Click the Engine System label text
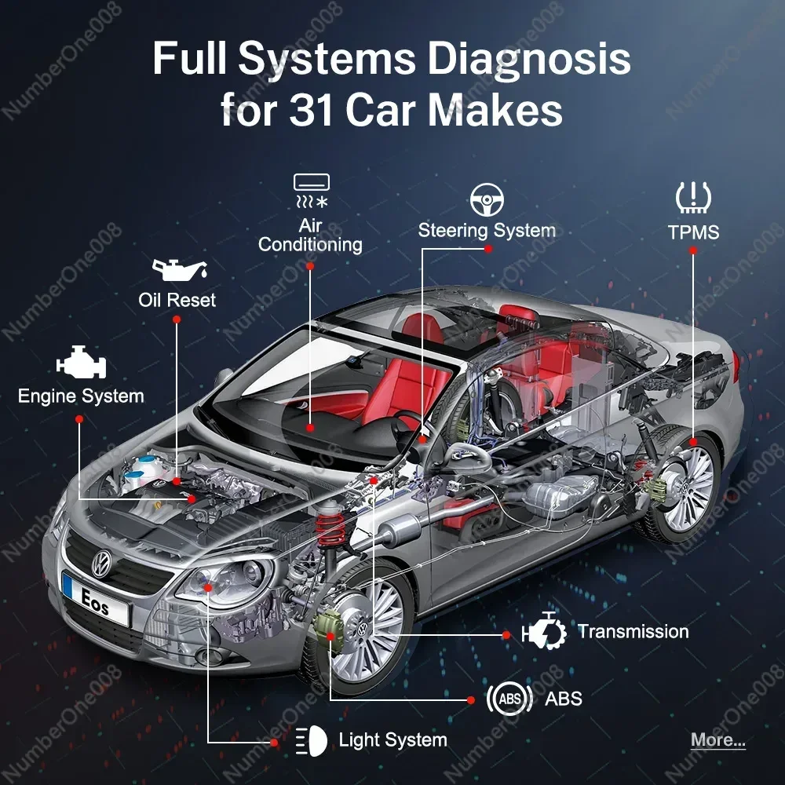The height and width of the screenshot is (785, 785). coord(81,396)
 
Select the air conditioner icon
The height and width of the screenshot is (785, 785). coord(312,191)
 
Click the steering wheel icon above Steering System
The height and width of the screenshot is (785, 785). coord(487,200)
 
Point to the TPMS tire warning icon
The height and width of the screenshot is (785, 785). coord(693,198)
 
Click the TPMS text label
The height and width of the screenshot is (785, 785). coord(693,232)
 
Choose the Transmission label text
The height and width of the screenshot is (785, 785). coord(633,632)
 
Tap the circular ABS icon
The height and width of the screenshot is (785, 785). coord(509,699)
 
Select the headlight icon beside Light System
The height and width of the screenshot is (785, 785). coord(311,741)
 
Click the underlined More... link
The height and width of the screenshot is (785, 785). coord(718,740)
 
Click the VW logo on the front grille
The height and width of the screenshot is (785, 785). coord(101,563)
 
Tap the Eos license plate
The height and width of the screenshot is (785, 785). coord(96,599)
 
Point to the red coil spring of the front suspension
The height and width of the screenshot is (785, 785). coord(330,530)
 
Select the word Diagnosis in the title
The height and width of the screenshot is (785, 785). coord(528,59)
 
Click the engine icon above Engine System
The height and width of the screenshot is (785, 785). coord(81,362)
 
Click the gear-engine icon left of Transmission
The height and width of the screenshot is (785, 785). coord(544,631)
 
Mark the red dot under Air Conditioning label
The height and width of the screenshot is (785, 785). coord(310,266)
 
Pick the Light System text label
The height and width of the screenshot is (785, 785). coord(393,740)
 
